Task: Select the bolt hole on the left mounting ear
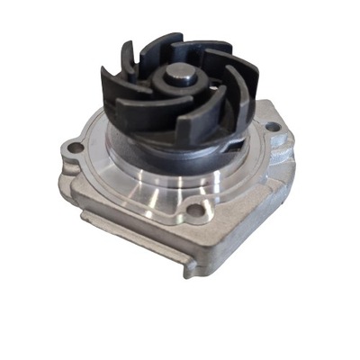point(76,147)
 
